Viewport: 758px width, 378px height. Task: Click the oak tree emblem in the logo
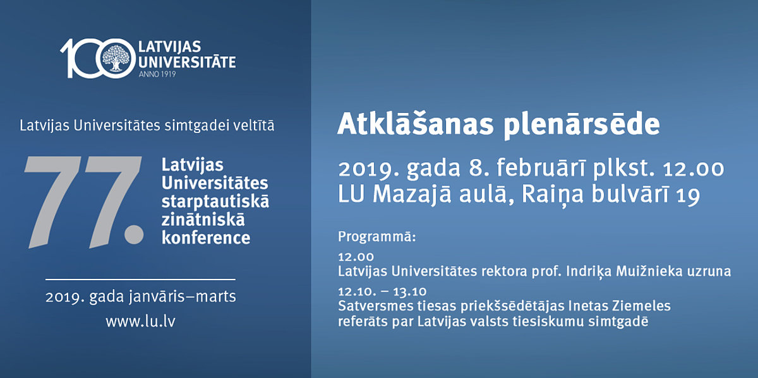tap(116, 58)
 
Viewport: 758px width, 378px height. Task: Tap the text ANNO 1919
tap(157, 74)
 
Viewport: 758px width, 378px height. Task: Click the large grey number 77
tap(84, 202)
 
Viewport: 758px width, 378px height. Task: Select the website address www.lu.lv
tap(140, 322)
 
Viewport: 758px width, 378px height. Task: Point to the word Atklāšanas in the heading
tap(415, 124)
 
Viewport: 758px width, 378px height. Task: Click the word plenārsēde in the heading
tap(582, 126)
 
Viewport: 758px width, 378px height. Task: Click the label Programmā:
tap(377, 237)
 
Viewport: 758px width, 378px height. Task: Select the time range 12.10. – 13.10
tap(382, 292)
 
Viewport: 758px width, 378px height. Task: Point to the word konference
tap(206, 238)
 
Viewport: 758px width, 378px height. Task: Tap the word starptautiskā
tap(215, 201)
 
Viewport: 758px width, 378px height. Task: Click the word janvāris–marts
tap(183, 297)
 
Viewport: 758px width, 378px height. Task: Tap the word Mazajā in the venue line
tap(412, 194)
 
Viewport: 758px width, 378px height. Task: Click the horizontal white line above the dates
tap(140, 280)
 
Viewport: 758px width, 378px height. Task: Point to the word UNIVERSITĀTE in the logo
tap(187, 62)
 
